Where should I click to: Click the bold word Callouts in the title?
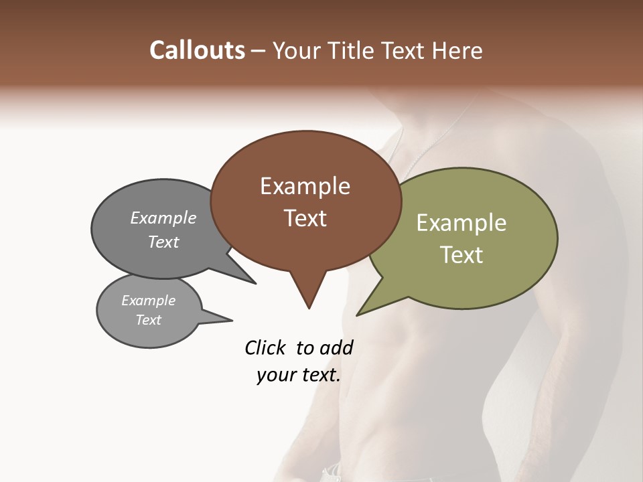[x=197, y=50]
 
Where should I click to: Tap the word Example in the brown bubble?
[x=305, y=186]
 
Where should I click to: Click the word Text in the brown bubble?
[x=305, y=218]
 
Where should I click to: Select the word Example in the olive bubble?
[x=461, y=223]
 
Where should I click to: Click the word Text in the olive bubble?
[x=461, y=255]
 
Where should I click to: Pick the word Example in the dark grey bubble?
[x=163, y=218]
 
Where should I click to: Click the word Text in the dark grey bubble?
[x=163, y=242]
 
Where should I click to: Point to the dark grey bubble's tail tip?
[x=255, y=283]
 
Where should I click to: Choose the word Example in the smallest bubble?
[x=148, y=301]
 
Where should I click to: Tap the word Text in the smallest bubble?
[x=148, y=320]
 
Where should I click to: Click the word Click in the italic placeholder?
[x=266, y=347]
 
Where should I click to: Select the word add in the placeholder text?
[x=336, y=347]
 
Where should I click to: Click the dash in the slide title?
[x=258, y=51]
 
